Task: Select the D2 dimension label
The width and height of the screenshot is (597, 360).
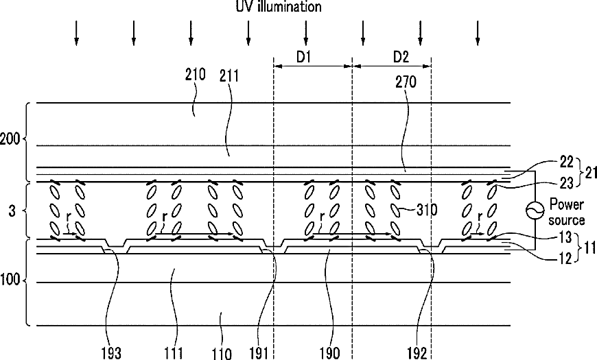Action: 401,56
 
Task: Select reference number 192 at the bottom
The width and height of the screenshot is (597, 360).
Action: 416,352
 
